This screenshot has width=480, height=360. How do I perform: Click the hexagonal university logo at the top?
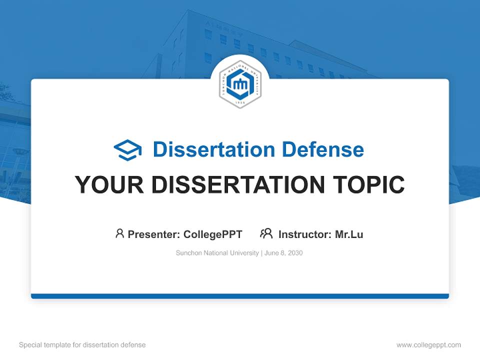click(240, 84)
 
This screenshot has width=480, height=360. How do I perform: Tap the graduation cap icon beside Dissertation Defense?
click(127, 150)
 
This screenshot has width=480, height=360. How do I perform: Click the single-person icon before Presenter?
click(119, 233)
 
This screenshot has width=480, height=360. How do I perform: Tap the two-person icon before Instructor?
click(266, 233)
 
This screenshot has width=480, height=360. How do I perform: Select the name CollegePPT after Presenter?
click(213, 234)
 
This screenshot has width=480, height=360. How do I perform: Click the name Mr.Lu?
click(349, 234)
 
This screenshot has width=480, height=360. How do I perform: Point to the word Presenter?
click(154, 234)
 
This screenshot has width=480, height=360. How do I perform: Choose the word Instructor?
click(304, 234)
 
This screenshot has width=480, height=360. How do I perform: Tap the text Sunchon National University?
click(216, 253)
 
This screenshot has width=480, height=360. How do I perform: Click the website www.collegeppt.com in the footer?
click(428, 345)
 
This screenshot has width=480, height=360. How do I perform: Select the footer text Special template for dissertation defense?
click(82, 345)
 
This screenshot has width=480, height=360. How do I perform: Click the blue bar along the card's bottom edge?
click(240, 296)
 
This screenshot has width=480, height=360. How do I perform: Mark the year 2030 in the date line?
click(295, 253)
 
